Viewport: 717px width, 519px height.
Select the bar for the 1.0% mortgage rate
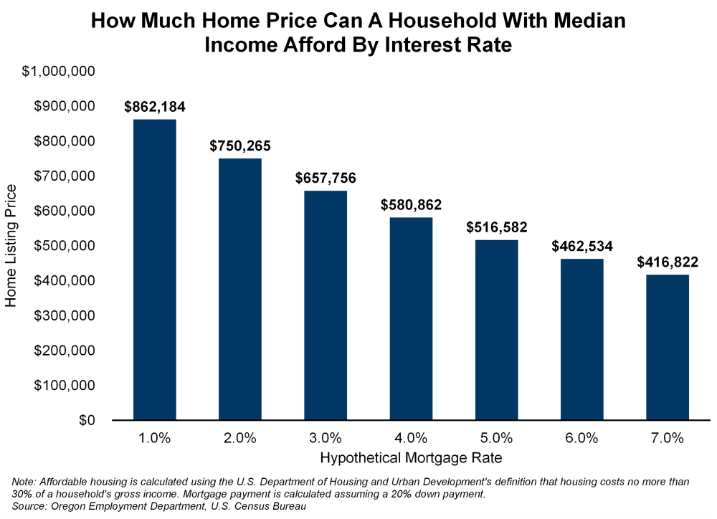point(155,269)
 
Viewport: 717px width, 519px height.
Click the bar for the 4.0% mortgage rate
point(411,318)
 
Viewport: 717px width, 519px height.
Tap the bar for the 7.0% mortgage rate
point(667,347)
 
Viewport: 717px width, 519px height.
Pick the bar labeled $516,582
point(496,330)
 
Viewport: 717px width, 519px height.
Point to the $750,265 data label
point(240,146)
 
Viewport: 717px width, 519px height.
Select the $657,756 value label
point(326,178)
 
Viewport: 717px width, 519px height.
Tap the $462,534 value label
point(581,247)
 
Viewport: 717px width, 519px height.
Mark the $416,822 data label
point(667,262)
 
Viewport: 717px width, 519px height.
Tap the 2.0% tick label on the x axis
point(240,437)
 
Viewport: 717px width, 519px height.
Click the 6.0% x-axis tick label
point(581,437)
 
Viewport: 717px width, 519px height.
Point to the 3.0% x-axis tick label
point(326,437)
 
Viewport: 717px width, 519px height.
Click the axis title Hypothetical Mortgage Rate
point(411,457)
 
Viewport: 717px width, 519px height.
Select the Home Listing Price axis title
point(11,245)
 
